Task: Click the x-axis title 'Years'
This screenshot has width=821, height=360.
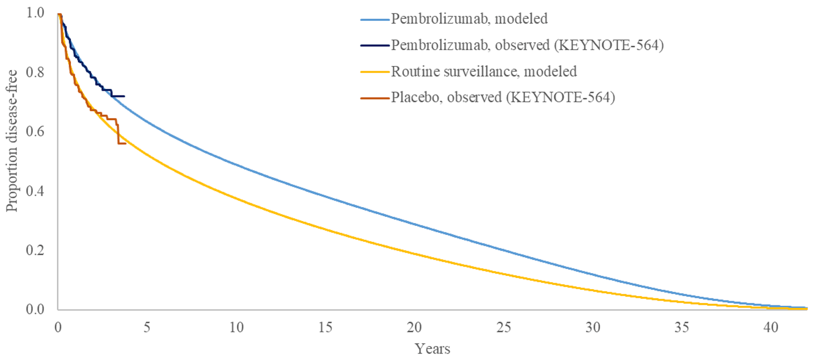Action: (433, 349)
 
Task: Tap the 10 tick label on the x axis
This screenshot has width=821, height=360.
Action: (236, 327)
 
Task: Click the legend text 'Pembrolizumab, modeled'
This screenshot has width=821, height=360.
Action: (469, 19)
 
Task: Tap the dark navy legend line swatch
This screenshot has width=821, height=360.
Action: (373, 46)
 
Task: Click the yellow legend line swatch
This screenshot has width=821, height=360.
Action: (373, 72)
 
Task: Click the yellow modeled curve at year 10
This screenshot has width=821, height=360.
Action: (236, 201)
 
